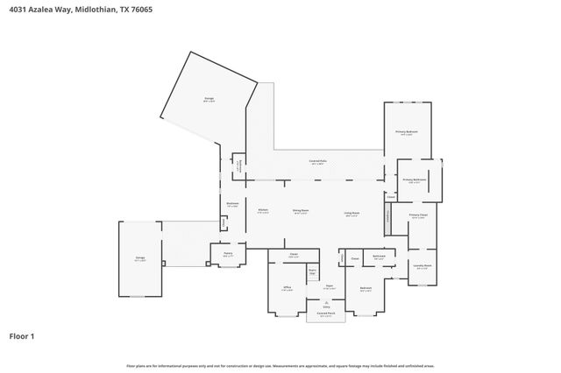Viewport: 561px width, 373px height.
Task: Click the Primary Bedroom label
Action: [x=408, y=133]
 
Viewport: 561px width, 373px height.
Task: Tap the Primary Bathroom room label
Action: [x=415, y=181]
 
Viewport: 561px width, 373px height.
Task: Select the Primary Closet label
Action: [x=417, y=216]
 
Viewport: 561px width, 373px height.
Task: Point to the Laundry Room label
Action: [x=423, y=266]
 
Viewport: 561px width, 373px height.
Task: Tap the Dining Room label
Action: [x=300, y=211]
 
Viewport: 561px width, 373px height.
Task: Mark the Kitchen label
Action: [x=262, y=211]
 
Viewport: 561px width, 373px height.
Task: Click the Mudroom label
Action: [x=232, y=205]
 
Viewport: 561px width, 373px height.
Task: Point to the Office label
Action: [x=287, y=288]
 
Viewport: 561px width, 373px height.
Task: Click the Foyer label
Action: [x=329, y=286]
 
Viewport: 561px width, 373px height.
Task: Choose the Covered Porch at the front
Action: [x=326, y=314]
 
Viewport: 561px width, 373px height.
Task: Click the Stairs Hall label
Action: [x=311, y=272]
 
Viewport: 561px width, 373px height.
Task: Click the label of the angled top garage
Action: [x=209, y=99]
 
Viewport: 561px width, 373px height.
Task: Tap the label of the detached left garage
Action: [x=140, y=259]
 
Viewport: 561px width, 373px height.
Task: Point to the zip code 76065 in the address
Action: [x=135, y=11]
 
